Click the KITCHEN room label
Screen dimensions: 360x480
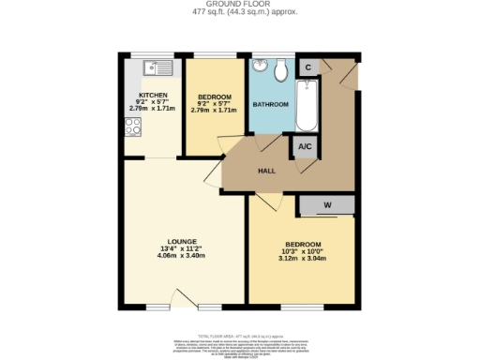pos(152,96)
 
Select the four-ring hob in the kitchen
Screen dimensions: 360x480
pos(132,127)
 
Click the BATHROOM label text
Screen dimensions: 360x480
pos(271,105)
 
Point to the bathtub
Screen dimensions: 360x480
pos(307,105)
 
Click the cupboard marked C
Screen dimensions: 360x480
pos(307,67)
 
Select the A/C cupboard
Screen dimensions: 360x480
pos(305,147)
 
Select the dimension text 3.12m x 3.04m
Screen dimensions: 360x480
pos(302,259)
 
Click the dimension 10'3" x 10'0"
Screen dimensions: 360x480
pos(302,251)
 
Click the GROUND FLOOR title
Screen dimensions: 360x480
pos(239,5)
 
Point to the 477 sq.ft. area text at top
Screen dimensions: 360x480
pos(239,12)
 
